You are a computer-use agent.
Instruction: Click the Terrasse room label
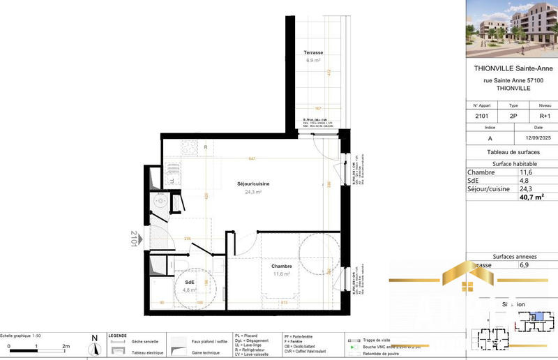(312, 53)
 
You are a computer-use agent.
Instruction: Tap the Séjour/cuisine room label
(252, 183)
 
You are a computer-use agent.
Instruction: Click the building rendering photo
(511, 29)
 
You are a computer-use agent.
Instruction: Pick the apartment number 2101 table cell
(481, 117)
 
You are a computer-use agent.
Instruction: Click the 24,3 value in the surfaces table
(527, 188)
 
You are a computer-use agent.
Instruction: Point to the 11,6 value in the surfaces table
(527, 171)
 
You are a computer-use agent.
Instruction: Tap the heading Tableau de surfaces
(511, 152)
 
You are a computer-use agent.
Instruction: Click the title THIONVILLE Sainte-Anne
(511, 68)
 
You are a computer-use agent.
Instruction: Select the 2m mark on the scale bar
(66, 346)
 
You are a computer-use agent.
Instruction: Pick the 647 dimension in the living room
(251, 159)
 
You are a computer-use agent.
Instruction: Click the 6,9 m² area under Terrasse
(312, 61)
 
